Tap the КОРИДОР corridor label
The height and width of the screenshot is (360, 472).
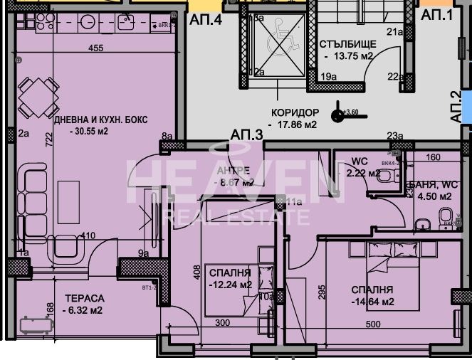pos(294,112)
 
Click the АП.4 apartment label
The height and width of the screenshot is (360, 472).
pos(206,20)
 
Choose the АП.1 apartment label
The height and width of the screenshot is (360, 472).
pos(436,14)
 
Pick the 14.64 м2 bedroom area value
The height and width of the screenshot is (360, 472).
pos(372,302)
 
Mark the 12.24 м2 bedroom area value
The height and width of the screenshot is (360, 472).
pos(231,285)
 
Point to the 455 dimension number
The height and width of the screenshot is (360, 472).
pos(96,48)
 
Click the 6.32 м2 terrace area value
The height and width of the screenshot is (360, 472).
pos(83,310)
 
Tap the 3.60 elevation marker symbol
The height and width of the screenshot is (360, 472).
pos(338,112)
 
